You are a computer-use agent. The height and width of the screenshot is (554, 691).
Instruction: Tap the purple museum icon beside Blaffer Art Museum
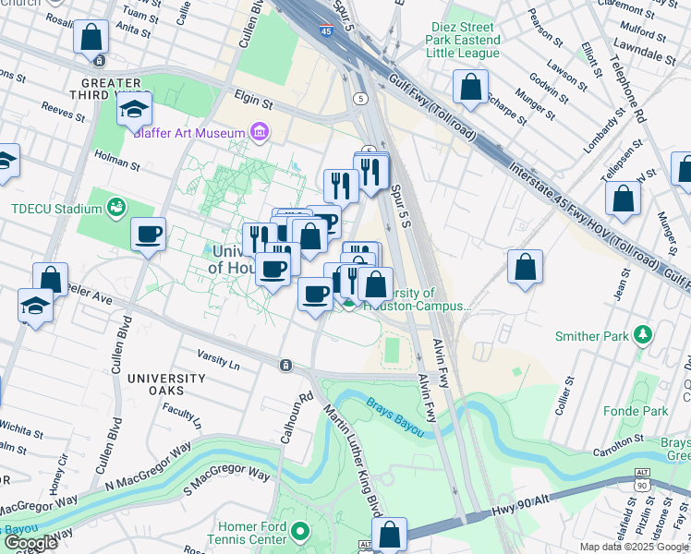click(260, 133)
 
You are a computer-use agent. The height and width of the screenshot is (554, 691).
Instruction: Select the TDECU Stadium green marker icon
click(115, 207)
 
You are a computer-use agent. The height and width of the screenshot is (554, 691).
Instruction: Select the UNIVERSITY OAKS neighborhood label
click(166, 385)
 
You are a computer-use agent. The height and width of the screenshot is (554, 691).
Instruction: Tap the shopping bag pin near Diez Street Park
click(471, 87)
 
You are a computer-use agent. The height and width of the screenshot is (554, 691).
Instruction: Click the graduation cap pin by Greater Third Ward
click(135, 109)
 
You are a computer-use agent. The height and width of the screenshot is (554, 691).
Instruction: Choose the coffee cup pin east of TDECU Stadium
click(148, 235)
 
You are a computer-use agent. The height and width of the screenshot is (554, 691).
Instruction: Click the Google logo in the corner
click(30, 543)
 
